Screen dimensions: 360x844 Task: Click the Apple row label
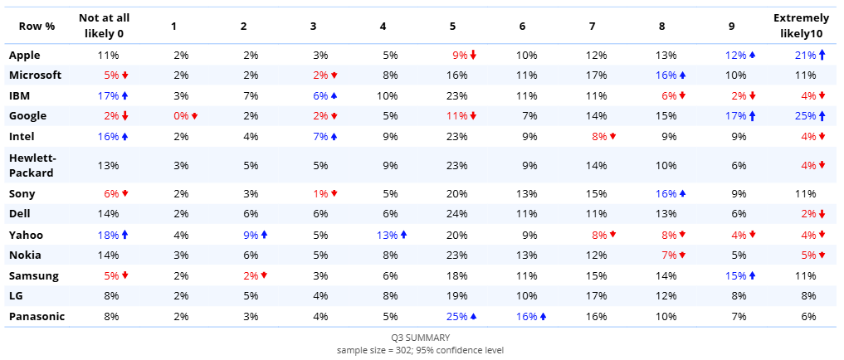(26, 56)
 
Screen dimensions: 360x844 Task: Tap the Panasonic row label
(37, 316)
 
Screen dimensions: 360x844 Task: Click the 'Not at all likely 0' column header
(104, 26)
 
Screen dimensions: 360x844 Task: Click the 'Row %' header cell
(37, 26)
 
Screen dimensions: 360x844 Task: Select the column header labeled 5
(452, 26)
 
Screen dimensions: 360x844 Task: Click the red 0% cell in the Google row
(182, 116)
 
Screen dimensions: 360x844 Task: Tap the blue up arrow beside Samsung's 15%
(752, 275)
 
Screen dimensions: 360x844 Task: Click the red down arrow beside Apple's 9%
(473, 56)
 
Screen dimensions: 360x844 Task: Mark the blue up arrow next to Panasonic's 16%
(543, 316)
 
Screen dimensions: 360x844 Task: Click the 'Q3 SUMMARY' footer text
(421, 338)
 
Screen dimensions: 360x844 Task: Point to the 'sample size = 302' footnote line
(421, 349)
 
